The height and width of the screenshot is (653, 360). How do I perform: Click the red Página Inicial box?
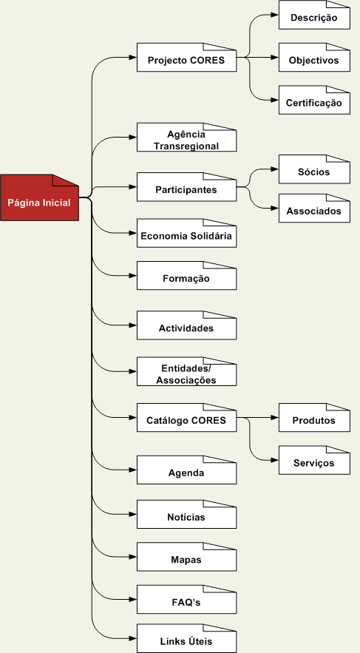click(x=39, y=197)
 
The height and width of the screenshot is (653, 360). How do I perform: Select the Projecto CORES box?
click(x=186, y=58)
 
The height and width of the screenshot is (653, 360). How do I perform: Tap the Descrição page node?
click(x=314, y=15)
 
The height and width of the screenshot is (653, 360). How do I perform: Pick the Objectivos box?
click(x=314, y=58)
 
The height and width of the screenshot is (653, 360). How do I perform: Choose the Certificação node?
click(x=314, y=100)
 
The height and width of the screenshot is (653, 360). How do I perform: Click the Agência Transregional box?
click(x=186, y=137)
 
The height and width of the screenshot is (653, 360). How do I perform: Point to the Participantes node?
click(x=186, y=187)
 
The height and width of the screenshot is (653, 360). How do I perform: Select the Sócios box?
click(x=314, y=169)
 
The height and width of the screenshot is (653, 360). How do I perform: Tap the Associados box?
click(x=314, y=209)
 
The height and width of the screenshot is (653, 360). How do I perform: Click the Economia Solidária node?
click(x=186, y=233)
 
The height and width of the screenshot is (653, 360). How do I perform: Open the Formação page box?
click(x=186, y=276)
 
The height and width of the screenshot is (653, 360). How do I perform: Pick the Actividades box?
click(x=186, y=325)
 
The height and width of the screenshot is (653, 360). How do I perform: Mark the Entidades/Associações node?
click(x=186, y=371)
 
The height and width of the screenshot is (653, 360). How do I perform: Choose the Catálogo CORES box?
click(x=186, y=417)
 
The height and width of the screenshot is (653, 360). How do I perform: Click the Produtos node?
click(x=314, y=417)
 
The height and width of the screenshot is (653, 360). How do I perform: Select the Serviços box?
click(x=314, y=460)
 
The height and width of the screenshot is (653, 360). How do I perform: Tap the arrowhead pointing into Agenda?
click(x=133, y=470)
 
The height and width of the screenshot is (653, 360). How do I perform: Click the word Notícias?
click(x=186, y=517)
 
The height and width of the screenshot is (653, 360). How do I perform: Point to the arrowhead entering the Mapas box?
click(x=133, y=557)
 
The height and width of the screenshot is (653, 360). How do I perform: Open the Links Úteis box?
click(x=186, y=638)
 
